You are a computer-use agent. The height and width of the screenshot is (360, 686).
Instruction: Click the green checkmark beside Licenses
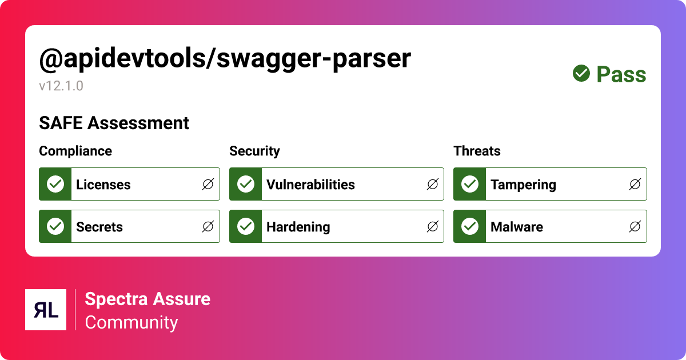click(x=55, y=184)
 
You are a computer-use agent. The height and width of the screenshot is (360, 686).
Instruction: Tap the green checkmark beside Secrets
click(x=55, y=226)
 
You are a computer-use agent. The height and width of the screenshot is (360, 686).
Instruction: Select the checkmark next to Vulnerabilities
click(x=246, y=184)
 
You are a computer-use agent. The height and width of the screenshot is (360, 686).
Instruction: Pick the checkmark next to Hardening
click(x=246, y=226)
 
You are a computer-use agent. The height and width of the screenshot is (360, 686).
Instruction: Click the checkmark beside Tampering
click(x=470, y=184)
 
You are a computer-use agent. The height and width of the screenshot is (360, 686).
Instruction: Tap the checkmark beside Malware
click(x=470, y=226)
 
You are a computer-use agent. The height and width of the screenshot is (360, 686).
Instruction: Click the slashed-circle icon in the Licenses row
click(x=208, y=184)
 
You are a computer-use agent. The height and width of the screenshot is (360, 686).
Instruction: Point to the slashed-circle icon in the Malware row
click(x=635, y=226)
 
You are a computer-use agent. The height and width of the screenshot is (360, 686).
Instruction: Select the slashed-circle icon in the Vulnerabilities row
click(x=433, y=184)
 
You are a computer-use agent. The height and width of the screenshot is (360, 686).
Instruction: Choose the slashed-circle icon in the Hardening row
click(x=433, y=226)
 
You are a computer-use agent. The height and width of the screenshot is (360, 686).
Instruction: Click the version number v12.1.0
click(x=61, y=86)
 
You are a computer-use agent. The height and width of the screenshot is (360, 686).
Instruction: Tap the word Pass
click(x=621, y=75)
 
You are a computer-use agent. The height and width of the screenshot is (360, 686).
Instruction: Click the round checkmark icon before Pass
click(x=581, y=73)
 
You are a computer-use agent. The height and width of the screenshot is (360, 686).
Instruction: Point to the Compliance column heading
click(x=75, y=151)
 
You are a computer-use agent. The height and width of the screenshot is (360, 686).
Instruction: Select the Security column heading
click(x=254, y=151)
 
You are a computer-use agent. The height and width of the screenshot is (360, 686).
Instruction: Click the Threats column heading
click(x=477, y=151)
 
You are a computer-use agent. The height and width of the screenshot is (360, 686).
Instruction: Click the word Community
click(x=131, y=322)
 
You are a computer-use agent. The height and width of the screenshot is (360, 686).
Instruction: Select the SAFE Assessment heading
click(x=114, y=123)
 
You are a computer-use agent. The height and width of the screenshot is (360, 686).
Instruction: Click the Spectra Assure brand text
click(x=147, y=298)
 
